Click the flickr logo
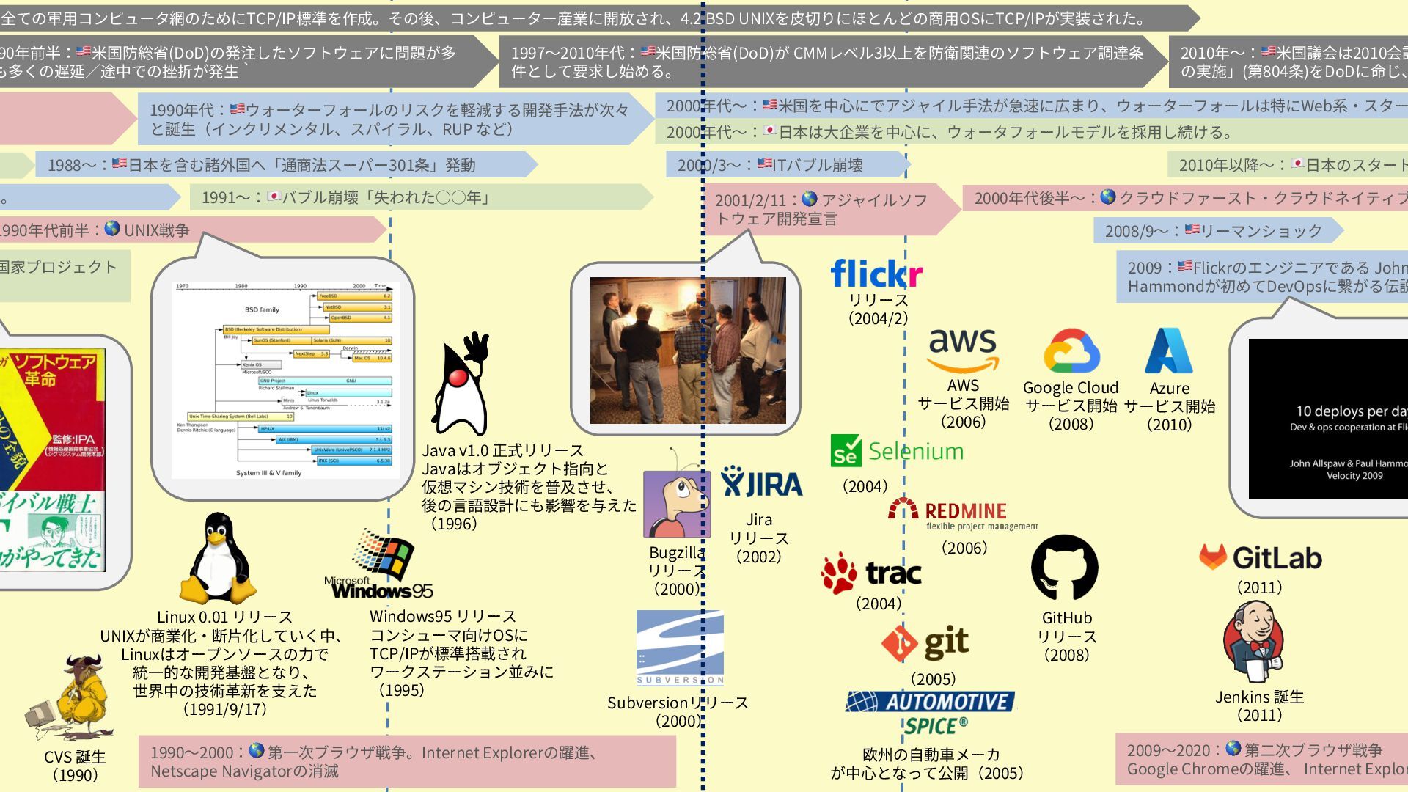tap(876, 274)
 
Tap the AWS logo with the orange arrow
tap(963, 351)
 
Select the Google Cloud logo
tap(1071, 352)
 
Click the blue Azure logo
tap(1169, 351)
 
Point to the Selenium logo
tap(897, 451)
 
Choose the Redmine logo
tap(964, 513)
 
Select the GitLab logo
tap(1261, 558)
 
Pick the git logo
tap(925, 643)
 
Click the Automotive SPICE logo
tap(931, 712)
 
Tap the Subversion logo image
tap(680, 648)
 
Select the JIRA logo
tap(761, 483)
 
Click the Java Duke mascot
tap(461, 384)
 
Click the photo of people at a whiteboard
tap(688, 350)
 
